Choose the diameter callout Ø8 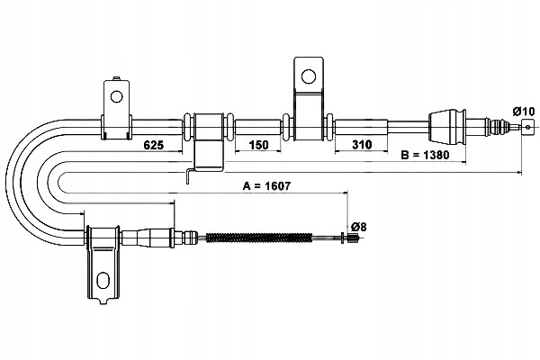pyautogui.click(x=356, y=226)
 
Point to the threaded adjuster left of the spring pyautogui.click(x=184, y=238)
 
